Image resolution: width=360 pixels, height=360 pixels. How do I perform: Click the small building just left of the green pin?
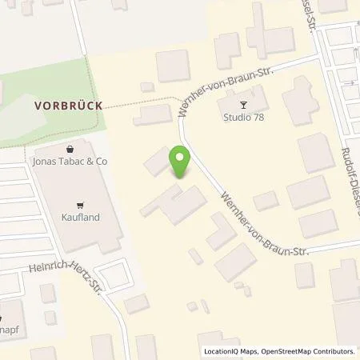pyautogui.click(x=155, y=164)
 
